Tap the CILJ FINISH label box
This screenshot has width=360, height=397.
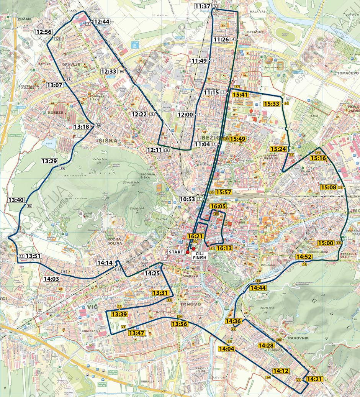click(x=201, y=256)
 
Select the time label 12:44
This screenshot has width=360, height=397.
click(x=101, y=22)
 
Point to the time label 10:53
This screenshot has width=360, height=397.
click(x=187, y=199)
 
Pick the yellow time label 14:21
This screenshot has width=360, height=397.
click(x=314, y=379)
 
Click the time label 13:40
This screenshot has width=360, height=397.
click(x=16, y=200)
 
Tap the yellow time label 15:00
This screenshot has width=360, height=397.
click(x=326, y=243)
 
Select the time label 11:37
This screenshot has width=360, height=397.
click(x=203, y=7)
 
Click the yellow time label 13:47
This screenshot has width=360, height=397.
click(x=137, y=333)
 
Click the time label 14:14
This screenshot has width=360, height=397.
click(x=105, y=263)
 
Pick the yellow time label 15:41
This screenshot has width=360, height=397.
click(x=240, y=94)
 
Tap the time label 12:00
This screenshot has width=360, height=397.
click(x=185, y=115)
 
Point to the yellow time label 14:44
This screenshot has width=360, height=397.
click(x=258, y=288)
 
